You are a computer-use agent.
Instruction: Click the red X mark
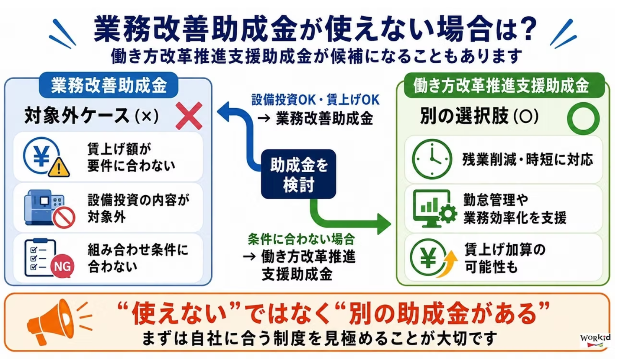(189, 116)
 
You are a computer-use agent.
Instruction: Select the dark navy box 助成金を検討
(298, 174)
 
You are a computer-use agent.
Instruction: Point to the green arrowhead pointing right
(384, 224)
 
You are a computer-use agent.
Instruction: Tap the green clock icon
(432, 159)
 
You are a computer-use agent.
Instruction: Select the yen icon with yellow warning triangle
(46, 157)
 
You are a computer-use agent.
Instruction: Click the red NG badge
(62, 267)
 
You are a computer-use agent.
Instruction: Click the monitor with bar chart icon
(435, 209)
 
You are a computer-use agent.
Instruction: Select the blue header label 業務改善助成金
(109, 85)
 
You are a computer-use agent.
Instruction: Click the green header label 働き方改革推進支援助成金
(501, 85)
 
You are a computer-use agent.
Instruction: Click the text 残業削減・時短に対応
(528, 160)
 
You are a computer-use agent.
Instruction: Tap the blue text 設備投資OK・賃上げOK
(316, 100)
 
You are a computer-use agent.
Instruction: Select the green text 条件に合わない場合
(301, 239)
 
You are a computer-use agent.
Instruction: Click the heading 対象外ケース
(77, 115)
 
